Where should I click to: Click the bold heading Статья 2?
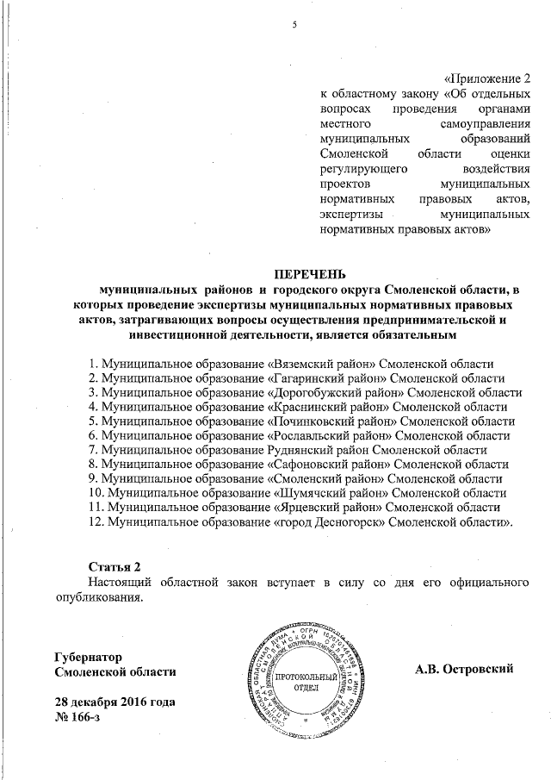(x=115, y=565)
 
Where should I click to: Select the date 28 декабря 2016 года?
(x=115, y=702)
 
